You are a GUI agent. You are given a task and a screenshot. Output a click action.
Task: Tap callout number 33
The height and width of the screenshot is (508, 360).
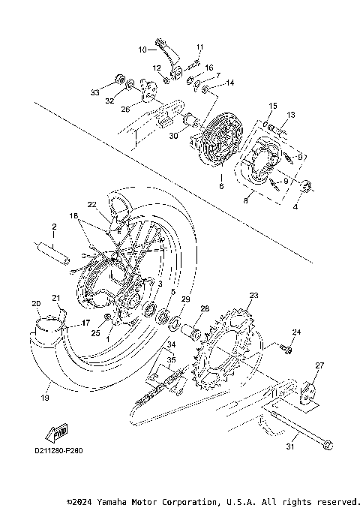[x=95, y=92]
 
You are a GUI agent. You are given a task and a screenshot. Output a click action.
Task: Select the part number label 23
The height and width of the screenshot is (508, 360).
[x=253, y=296]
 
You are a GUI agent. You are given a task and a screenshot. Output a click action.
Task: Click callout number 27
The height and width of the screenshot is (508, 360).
[x=320, y=365]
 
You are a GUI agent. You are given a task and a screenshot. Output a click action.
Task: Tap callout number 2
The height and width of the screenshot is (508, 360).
[x=54, y=225]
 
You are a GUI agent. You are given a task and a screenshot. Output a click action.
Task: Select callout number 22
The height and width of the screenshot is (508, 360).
[x=91, y=204]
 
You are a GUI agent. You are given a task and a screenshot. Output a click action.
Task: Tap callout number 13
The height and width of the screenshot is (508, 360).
[x=291, y=114]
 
